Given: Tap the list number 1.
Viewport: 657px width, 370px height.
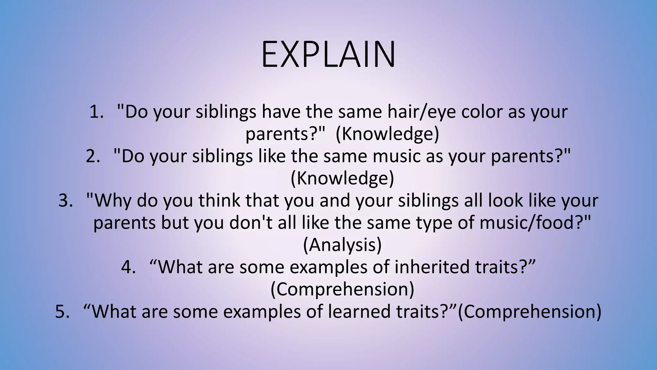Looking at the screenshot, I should (x=96, y=112).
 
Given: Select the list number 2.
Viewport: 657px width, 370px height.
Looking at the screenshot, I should (x=93, y=156).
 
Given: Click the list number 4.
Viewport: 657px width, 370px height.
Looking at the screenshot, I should (x=128, y=267).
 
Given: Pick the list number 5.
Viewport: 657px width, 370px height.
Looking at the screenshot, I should (x=62, y=312).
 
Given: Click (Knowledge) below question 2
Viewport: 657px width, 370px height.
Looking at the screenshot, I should (x=342, y=179).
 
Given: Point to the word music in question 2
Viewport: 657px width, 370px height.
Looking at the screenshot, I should (x=397, y=156).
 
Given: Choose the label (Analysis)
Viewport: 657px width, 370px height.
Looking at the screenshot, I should (x=342, y=245).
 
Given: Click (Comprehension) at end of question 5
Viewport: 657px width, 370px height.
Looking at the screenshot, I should (x=529, y=312).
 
